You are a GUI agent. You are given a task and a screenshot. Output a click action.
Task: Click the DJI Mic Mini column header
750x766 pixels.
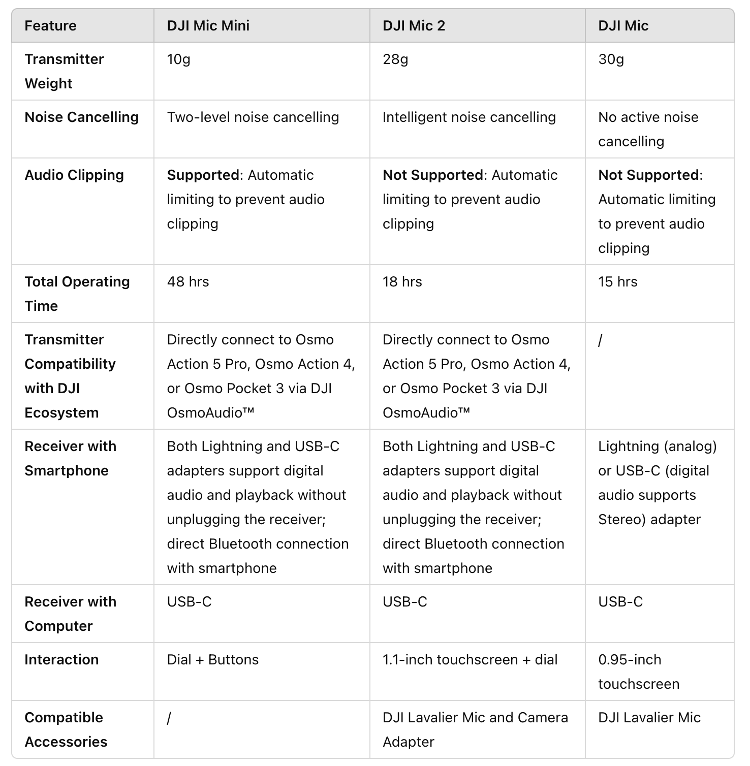208,26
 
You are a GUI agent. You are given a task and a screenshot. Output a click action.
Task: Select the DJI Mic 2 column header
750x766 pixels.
414,26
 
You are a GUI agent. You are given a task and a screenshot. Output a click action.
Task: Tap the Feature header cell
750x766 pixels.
50,26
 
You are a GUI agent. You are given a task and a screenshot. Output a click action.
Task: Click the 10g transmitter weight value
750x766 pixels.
178,59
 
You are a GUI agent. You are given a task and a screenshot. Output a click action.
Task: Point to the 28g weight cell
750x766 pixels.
395,59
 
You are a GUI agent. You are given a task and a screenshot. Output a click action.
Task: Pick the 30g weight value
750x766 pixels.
611,59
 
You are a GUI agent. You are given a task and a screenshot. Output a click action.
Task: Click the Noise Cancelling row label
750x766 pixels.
81,117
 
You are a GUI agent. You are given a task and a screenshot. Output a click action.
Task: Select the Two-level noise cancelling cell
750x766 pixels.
253,117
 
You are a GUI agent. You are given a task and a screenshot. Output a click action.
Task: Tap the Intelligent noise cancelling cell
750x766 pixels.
469,117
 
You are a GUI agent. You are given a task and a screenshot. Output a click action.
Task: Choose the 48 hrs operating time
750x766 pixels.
188,282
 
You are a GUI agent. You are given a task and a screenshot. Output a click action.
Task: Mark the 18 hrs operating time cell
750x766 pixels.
402,282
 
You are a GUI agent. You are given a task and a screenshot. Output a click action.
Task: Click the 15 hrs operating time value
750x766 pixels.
617,282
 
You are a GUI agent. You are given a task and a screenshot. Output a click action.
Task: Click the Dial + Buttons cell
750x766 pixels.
212,660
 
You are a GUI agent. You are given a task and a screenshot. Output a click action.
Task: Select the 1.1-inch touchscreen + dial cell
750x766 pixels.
470,660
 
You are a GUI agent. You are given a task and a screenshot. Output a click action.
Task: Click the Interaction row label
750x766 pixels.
61,660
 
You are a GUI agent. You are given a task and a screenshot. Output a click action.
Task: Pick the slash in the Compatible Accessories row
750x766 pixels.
169,718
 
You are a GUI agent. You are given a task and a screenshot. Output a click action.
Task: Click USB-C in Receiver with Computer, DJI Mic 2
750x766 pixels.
404,602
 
